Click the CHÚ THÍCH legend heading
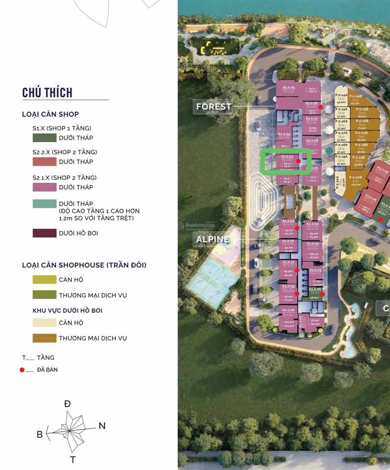[47, 93]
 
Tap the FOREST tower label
[213, 106]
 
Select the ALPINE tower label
[212, 239]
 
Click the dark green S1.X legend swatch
[44, 138]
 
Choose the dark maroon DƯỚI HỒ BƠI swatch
[44, 233]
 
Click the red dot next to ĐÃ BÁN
[22, 370]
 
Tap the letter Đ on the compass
[67, 404]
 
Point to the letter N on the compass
[102, 426]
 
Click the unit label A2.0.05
[288, 87]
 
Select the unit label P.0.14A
[341, 95]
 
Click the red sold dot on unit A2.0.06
[320, 107]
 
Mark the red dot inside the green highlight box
[298, 161]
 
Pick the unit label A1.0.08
[288, 310]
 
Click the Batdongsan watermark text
[199, 225]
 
